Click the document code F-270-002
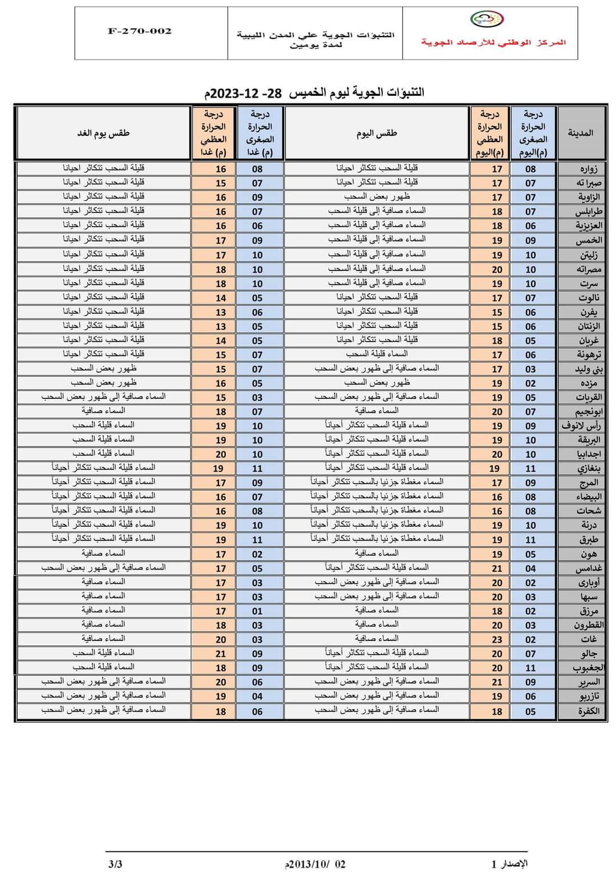point(140,31)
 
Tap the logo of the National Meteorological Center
point(487,19)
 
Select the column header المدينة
point(580,133)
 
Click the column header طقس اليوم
point(376,133)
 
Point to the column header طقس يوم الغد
point(103,133)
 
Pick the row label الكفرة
point(587,711)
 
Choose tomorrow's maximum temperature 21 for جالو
point(221,654)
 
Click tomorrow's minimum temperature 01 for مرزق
point(257,611)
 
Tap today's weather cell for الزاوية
point(376,197)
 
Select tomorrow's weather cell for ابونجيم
point(103,411)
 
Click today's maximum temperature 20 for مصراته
point(497,269)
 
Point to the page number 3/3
point(115,864)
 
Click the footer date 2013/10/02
point(315,865)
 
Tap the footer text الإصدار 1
point(509,863)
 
